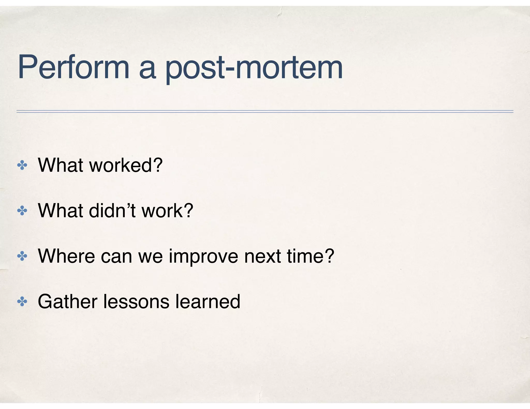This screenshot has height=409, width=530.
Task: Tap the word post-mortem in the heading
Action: click(x=254, y=68)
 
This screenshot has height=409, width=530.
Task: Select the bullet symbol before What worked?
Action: click(x=22, y=165)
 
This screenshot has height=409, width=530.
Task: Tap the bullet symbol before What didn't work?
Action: click(x=22, y=211)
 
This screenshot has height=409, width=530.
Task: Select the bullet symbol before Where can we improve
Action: click(x=22, y=256)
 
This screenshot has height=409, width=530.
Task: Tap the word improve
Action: click(x=203, y=256)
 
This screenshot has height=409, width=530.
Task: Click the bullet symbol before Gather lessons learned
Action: click(x=22, y=302)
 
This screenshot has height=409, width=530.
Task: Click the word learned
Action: click(x=208, y=301)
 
